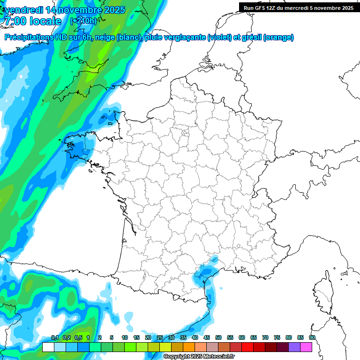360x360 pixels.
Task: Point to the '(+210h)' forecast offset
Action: (83, 21)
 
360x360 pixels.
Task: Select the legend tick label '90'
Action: (312, 337)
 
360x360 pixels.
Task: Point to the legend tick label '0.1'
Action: (54, 337)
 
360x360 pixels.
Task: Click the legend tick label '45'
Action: (207, 337)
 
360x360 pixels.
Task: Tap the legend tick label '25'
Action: (160, 337)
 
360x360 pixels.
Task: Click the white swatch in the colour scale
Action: (48, 347)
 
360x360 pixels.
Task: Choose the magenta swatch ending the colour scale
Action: (306, 347)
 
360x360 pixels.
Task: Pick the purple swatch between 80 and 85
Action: (294, 347)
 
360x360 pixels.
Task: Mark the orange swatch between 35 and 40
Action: (189, 347)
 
